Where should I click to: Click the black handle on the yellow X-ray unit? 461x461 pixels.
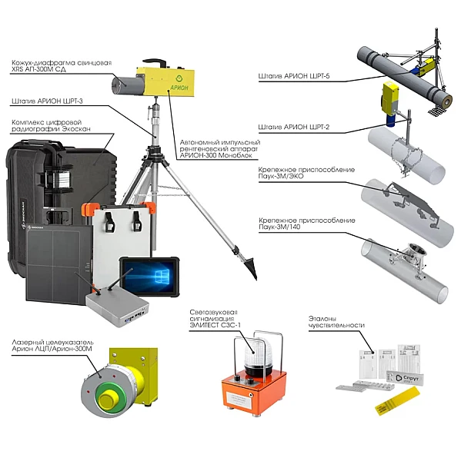click(x=155, y=62)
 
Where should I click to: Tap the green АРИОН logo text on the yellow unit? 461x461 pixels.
click(x=179, y=88)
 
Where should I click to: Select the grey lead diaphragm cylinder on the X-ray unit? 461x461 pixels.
click(x=127, y=85)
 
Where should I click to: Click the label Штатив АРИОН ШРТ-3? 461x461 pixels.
click(x=47, y=101)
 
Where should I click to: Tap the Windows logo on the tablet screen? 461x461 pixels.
click(x=162, y=276)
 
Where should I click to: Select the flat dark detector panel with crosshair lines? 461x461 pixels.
click(x=58, y=264)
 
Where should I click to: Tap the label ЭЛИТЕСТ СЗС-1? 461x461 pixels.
click(x=215, y=325)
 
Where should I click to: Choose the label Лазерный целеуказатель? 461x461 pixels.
click(x=53, y=343)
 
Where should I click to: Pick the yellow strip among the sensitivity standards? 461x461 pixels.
click(x=397, y=401)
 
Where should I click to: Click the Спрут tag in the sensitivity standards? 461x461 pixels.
click(x=406, y=378)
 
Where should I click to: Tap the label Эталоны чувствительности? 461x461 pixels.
click(x=336, y=322)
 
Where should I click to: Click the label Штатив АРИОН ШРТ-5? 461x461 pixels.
click(x=294, y=76)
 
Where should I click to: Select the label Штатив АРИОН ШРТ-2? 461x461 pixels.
click(x=294, y=127)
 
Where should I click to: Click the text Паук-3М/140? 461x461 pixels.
click(x=279, y=227)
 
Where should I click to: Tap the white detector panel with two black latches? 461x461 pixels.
click(x=122, y=235)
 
